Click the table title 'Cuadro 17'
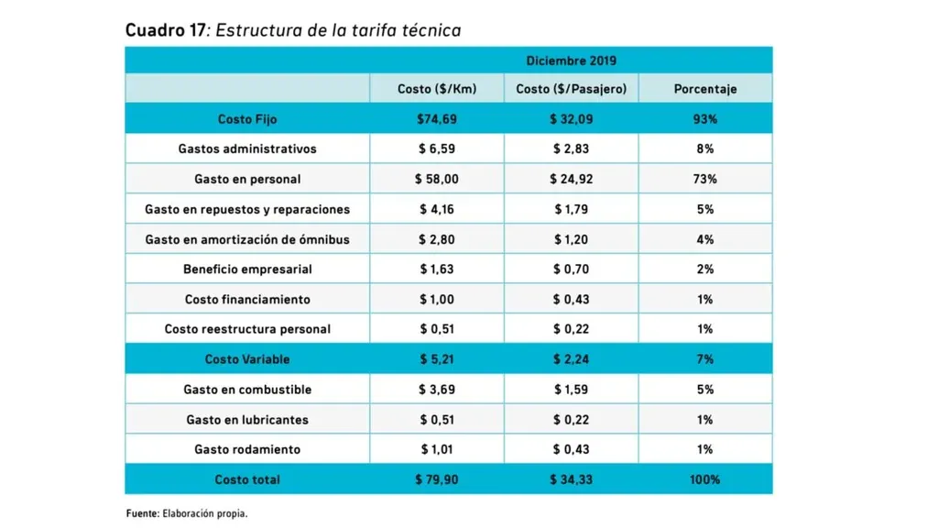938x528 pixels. click(x=165, y=30)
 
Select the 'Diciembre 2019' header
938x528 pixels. click(x=571, y=60)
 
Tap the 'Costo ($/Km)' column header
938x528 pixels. click(x=437, y=89)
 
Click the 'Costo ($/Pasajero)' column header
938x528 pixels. click(x=571, y=89)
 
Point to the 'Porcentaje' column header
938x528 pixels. click(x=704, y=89)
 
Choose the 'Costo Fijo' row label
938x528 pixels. click(x=247, y=119)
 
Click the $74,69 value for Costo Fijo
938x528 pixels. click(x=437, y=119)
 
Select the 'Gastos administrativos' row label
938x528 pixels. click(x=247, y=148)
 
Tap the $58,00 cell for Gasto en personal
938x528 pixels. click(x=437, y=179)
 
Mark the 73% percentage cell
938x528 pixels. click(x=704, y=179)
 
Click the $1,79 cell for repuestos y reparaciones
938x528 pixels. click(x=571, y=209)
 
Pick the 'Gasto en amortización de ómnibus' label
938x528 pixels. click(x=247, y=239)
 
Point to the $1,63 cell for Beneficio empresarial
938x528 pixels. click(x=437, y=269)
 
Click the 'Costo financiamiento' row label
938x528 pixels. click(x=247, y=300)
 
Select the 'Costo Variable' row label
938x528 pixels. click(x=247, y=359)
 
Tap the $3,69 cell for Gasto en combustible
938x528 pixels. click(x=437, y=390)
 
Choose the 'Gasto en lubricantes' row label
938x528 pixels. click(x=247, y=420)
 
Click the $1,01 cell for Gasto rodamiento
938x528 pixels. click(x=437, y=449)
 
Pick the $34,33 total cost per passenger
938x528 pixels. click(x=571, y=479)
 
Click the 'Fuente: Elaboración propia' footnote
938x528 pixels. click(x=187, y=513)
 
